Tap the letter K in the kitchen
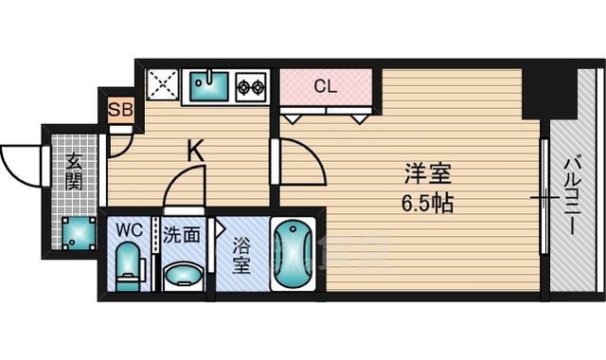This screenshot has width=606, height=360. click(194, 149)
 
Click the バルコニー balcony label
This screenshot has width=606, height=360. click(572, 190)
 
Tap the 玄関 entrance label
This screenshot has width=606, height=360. click(73, 173)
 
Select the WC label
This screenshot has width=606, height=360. click(129, 230)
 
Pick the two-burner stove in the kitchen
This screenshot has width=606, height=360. click(253, 88)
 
